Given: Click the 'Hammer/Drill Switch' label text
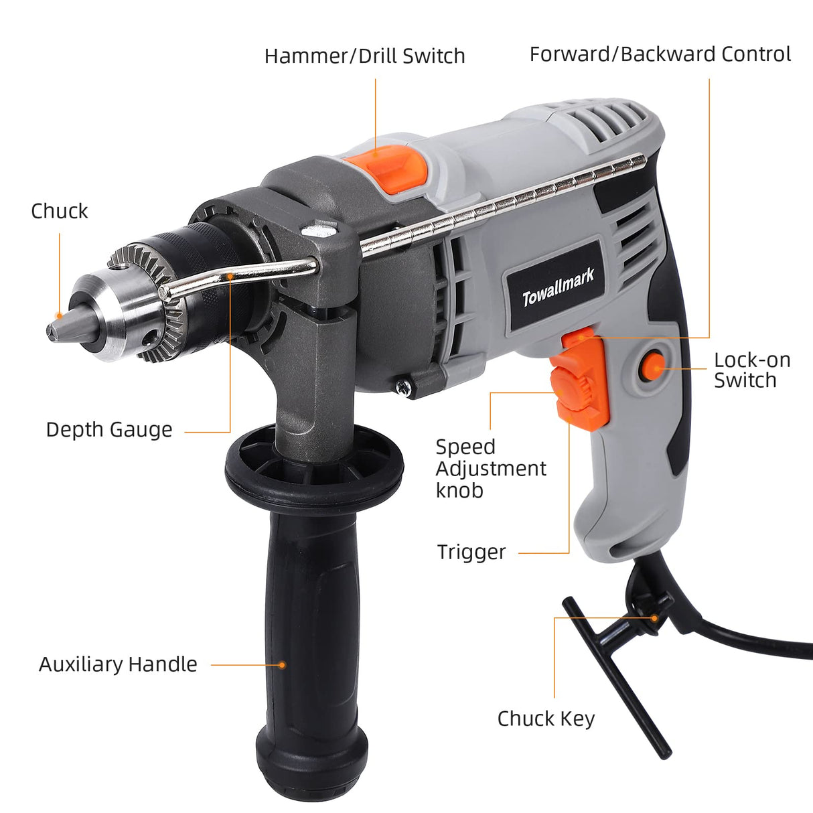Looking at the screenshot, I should [x=364, y=56].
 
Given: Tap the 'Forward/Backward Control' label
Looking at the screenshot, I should [x=660, y=54].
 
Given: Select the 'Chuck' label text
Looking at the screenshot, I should [x=59, y=211].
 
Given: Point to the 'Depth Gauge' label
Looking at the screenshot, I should [x=108, y=429].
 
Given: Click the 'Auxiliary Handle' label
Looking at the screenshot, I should [x=118, y=664].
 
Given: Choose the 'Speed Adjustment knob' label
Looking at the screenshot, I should [x=490, y=468].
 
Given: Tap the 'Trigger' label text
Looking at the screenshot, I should [x=471, y=552].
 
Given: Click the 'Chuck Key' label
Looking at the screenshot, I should [x=546, y=719].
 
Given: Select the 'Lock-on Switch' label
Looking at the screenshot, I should [x=751, y=370].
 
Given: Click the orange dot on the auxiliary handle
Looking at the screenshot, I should [x=282, y=665].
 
